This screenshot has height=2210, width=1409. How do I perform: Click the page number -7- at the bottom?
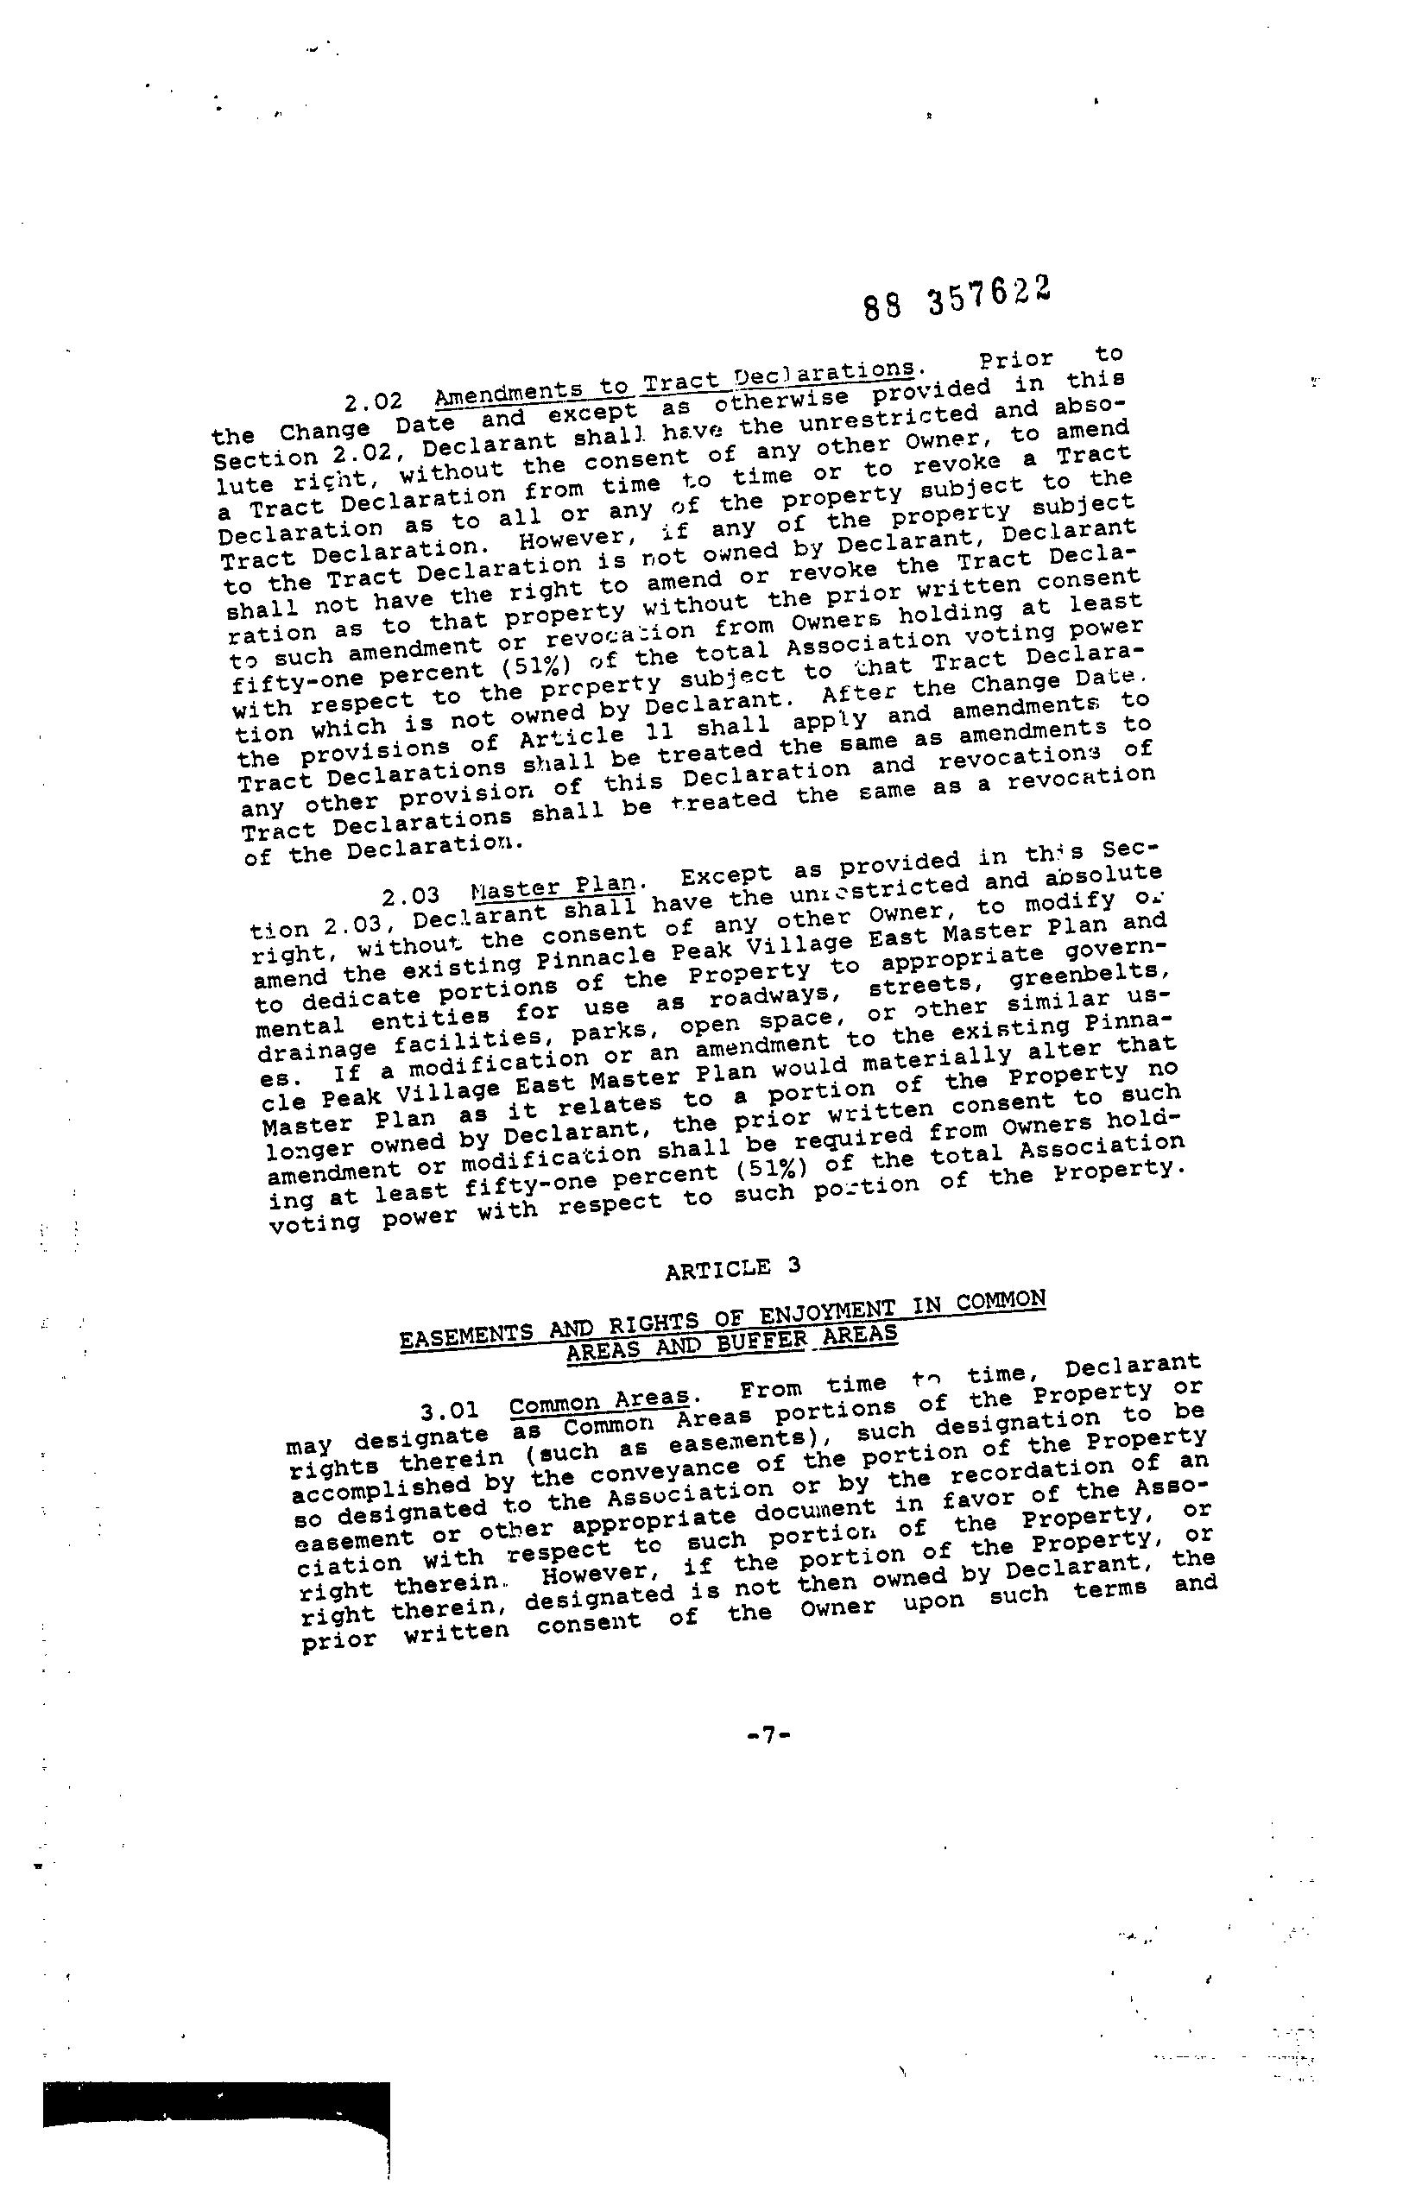point(768,1734)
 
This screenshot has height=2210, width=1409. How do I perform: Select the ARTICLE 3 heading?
point(732,1268)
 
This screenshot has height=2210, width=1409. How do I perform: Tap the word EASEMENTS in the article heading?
point(467,1337)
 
